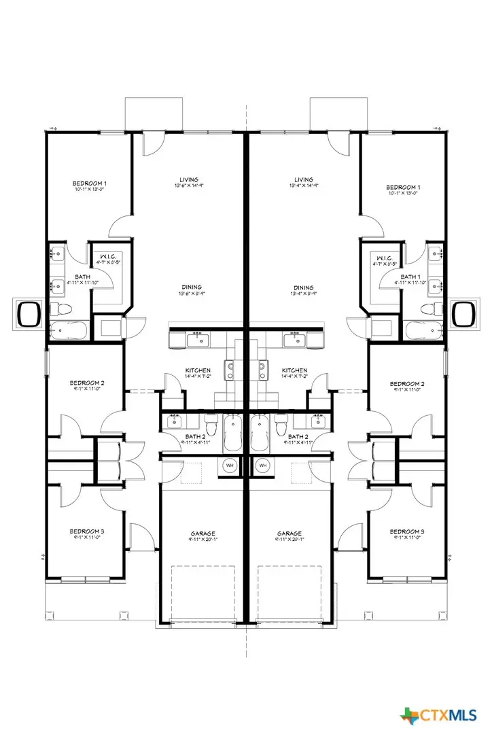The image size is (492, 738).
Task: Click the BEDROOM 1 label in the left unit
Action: coord(90,183)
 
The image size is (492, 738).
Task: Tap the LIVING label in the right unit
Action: coord(304,179)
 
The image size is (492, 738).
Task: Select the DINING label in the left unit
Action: coord(191,287)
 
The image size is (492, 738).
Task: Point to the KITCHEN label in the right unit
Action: coord(295,371)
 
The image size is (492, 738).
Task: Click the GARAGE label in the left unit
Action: coord(204,533)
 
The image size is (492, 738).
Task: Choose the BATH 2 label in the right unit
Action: coord(298,436)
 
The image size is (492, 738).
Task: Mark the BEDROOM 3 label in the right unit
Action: coord(407,531)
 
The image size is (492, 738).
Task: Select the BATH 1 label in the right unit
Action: coord(410,277)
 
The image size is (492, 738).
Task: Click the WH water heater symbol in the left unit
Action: coord(230,465)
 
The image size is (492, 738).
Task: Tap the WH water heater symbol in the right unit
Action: coord(263,465)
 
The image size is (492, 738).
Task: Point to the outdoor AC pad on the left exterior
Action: coord(29,313)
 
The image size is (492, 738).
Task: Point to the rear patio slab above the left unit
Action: coord(154,112)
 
